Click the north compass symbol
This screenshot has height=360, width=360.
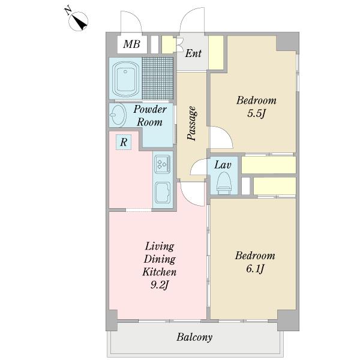(x=78, y=21)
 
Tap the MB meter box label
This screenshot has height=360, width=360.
(x=131, y=44)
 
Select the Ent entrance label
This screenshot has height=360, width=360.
(x=193, y=53)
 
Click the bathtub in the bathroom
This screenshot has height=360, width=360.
(x=125, y=79)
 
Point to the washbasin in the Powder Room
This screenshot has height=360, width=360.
(x=118, y=115)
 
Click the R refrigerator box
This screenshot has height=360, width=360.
(x=124, y=142)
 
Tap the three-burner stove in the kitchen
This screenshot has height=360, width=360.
(x=163, y=164)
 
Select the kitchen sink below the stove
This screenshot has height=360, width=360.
(x=163, y=193)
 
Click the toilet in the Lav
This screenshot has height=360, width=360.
(x=224, y=183)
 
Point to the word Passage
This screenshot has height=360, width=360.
(x=192, y=123)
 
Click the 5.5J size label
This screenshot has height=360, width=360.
(x=256, y=113)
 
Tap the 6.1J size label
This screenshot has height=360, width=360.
(x=255, y=268)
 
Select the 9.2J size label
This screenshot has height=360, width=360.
(x=160, y=285)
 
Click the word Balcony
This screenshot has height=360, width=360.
(x=194, y=337)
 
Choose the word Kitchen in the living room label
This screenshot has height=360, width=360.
(x=160, y=272)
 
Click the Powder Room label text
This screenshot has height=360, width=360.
(x=150, y=115)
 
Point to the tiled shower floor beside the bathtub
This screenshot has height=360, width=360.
(x=157, y=78)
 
